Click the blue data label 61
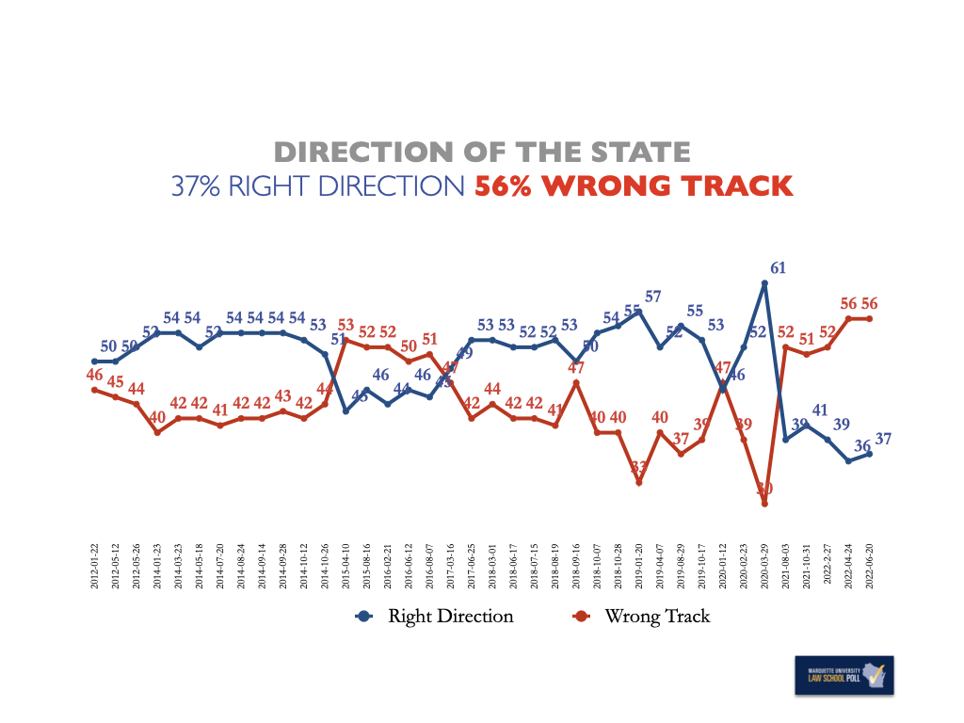(778, 268)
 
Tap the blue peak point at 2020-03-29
(765, 282)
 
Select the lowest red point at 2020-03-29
(765, 504)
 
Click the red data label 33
(639, 467)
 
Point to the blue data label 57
(652, 297)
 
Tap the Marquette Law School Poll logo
(843, 677)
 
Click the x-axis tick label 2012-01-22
(95, 566)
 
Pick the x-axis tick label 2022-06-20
(870, 566)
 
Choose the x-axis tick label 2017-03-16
(450, 566)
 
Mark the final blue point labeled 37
(870, 454)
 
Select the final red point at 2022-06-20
(870, 318)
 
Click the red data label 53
(346, 326)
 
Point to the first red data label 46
(94, 375)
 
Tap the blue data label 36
(860, 445)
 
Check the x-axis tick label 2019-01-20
(639, 566)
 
